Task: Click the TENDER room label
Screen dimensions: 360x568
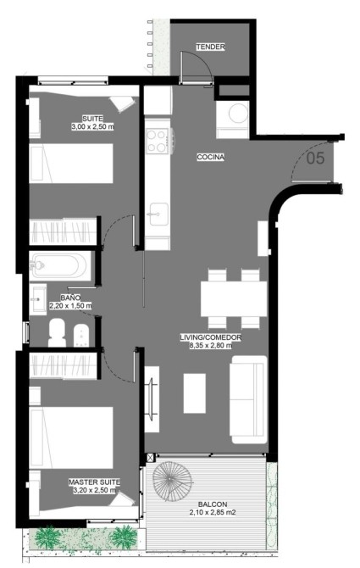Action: [x=211, y=47]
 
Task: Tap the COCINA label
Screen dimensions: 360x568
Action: [x=211, y=157]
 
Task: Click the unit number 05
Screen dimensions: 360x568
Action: [x=315, y=159]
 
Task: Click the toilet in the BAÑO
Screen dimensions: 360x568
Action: [x=57, y=332]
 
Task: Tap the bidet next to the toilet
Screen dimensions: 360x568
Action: [x=81, y=336]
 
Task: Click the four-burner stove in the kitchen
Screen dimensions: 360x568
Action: [x=158, y=142]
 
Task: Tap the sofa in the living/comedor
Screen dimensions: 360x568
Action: [x=249, y=399]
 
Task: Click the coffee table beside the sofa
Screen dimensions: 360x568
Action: [x=194, y=393]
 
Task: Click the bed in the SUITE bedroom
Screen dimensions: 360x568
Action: [x=71, y=164]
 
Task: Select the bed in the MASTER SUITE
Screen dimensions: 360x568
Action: [x=71, y=437]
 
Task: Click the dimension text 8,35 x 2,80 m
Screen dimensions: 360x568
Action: [x=211, y=346]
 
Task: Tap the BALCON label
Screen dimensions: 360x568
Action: [x=213, y=504]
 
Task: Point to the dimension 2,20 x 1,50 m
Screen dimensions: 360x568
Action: [x=70, y=306]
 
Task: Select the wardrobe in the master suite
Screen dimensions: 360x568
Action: [x=63, y=366]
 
